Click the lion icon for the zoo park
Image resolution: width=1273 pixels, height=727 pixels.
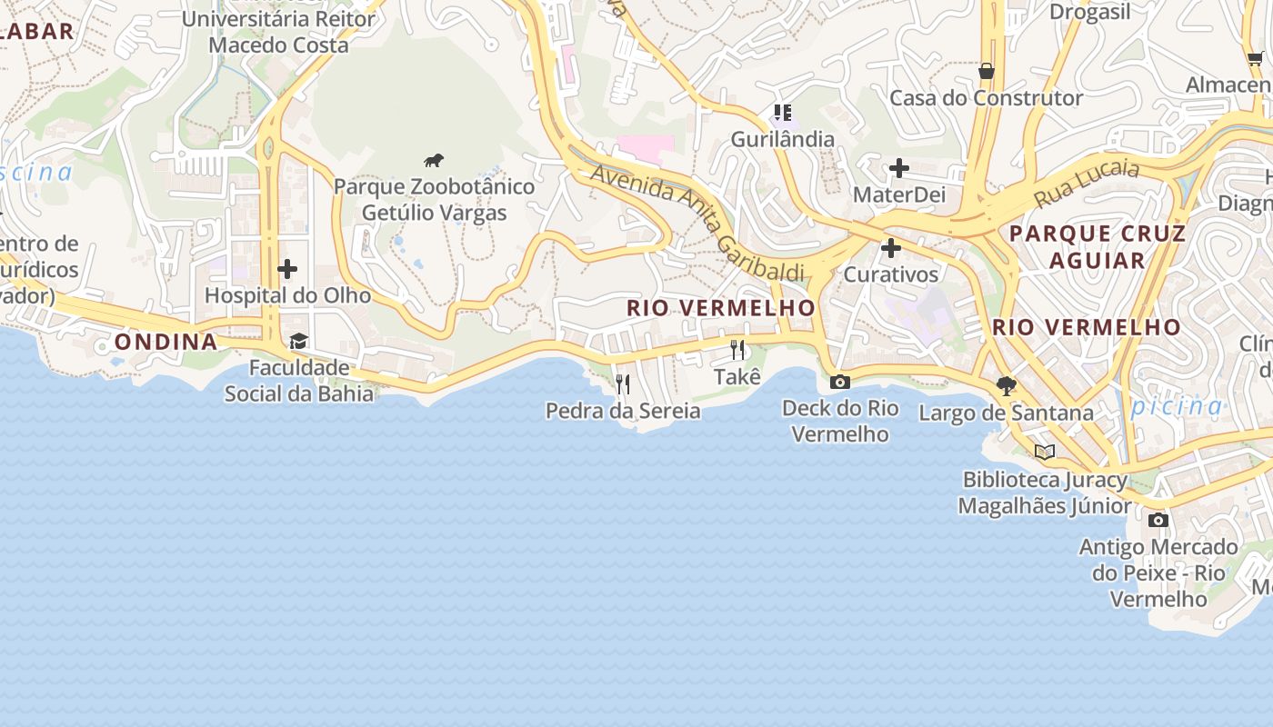coord(434,161)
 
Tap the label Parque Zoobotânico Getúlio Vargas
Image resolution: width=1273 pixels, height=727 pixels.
coord(434,200)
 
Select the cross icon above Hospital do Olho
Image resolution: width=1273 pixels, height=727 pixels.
coord(287,269)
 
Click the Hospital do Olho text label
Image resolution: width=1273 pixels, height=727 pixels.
coord(287,295)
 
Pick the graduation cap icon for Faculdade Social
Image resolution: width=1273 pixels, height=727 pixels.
coord(298,342)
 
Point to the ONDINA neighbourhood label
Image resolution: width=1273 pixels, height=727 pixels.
coord(166,342)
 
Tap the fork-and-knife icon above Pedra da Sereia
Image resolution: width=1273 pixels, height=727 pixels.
coord(623,384)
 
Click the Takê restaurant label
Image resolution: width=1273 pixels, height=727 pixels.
coord(737,376)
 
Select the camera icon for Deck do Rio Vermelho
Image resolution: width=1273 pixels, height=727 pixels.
coord(840,382)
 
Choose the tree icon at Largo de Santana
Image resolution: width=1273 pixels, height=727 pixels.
coord(1006,386)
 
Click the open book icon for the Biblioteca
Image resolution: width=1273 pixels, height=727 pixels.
coord(1045,452)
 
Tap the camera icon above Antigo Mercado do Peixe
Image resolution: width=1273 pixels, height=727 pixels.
coord(1158,521)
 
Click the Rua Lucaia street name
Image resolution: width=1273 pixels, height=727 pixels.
coord(1086,184)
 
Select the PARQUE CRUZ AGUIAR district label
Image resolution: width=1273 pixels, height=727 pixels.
coord(1098,247)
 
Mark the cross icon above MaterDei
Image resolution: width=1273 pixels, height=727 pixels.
coord(899,168)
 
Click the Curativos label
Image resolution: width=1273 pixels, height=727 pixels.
coord(890,274)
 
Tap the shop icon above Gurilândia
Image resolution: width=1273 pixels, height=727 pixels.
coord(782,113)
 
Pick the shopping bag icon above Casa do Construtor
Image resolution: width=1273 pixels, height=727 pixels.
coord(986,71)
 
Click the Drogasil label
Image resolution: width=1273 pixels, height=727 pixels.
coord(1090,12)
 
